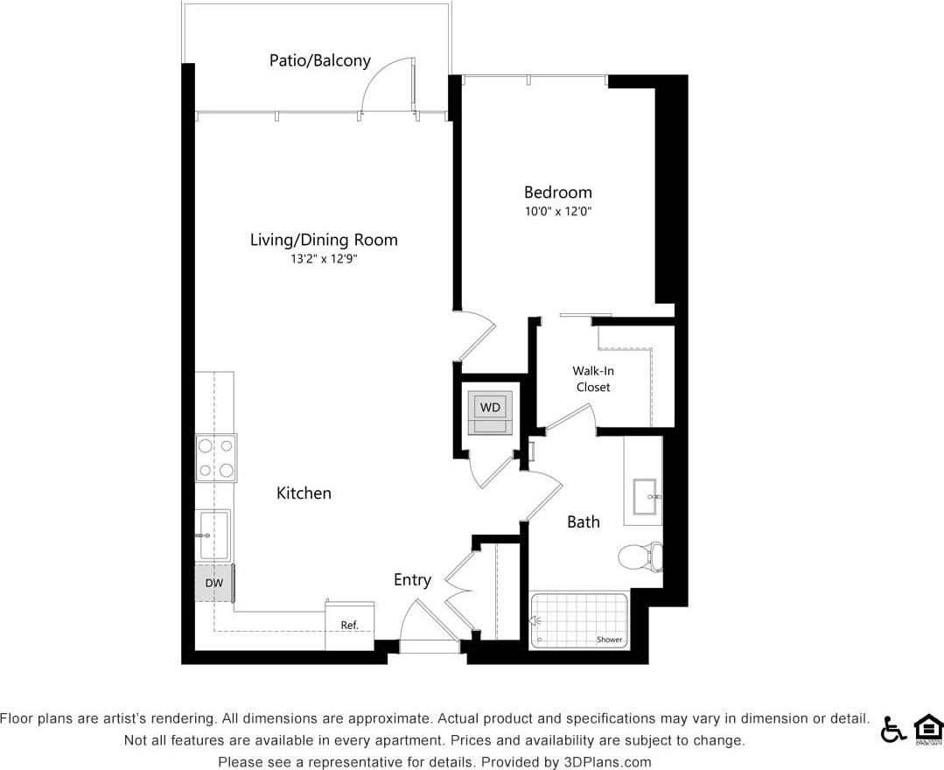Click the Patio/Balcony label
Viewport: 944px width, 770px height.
click(x=319, y=60)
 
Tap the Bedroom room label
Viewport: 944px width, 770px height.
click(x=557, y=192)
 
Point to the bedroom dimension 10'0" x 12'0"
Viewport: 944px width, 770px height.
click(x=557, y=212)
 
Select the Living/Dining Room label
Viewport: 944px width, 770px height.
click(x=324, y=240)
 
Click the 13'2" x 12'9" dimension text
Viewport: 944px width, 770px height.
click(x=324, y=259)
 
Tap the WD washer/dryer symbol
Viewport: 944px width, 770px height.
click(x=490, y=408)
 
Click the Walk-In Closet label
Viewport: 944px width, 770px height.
click(x=593, y=379)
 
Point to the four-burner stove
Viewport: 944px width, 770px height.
click(x=215, y=458)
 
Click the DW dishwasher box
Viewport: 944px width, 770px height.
click(x=213, y=583)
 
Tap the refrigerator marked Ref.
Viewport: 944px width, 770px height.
click(x=350, y=625)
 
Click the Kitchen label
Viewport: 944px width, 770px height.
click(x=304, y=493)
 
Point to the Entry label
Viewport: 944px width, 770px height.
click(x=412, y=579)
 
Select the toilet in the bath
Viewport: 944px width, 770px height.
click(x=640, y=556)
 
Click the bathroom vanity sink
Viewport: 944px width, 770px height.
click(x=646, y=496)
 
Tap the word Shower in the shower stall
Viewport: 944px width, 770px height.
click(x=609, y=640)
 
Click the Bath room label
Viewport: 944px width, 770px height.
click(x=583, y=522)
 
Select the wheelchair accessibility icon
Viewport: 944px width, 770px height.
click(x=892, y=728)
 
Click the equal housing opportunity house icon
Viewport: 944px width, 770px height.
click(x=927, y=728)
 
